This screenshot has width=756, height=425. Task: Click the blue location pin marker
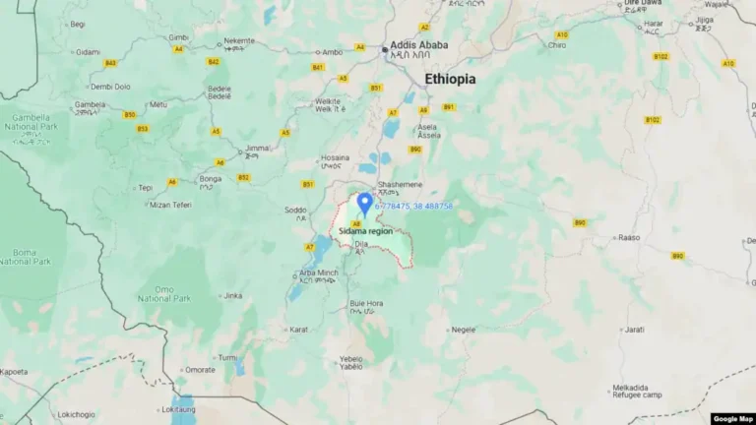pyautogui.click(x=364, y=204)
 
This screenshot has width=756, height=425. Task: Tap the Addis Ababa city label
pyautogui.click(x=418, y=45)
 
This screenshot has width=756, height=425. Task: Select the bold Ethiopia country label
pyautogui.click(x=450, y=79)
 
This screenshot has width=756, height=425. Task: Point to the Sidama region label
pyautogui.click(x=365, y=230)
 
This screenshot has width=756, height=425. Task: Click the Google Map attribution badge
pyautogui.click(x=731, y=418)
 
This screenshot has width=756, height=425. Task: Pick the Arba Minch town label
pyautogui.click(x=319, y=273)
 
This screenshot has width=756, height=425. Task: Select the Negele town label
pyautogui.click(x=464, y=331)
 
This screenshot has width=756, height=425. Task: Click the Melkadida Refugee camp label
pyautogui.click(x=637, y=391)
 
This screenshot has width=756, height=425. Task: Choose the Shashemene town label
pyautogui.click(x=401, y=185)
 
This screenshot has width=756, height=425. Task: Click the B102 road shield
pyautogui.click(x=652, y=120)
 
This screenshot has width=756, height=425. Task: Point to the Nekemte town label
pyautogui.click(x=238, y=40)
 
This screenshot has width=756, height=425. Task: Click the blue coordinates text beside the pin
pyautogui.click(x=413, y=206)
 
